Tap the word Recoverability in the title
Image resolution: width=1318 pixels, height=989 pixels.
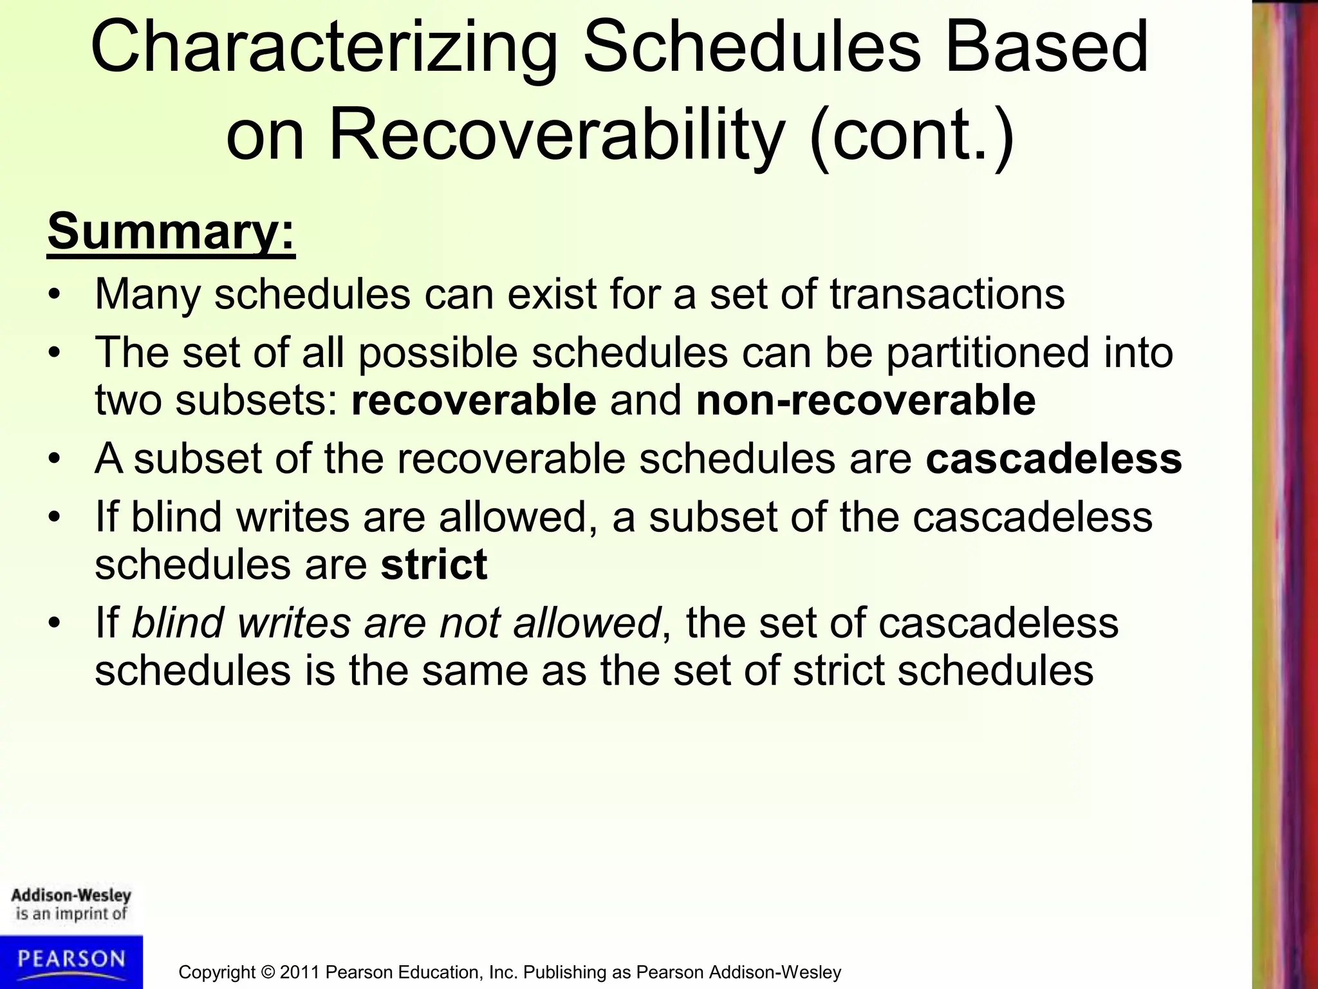tap(557, 135)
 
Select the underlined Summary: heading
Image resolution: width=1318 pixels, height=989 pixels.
tap(171, 232)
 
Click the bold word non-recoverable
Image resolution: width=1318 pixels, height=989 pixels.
tap(866, 400)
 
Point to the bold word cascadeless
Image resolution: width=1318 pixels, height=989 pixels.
tap(1053, 458)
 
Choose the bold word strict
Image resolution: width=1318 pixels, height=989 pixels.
tap(434, 565)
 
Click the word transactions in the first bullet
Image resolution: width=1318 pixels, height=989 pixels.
tap(947, 294)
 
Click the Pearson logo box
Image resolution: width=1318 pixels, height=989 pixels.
tap(71, 962)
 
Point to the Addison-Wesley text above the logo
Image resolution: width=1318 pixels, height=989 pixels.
tap(71, 896)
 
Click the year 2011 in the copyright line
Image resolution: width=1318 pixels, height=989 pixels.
tap(300, 972)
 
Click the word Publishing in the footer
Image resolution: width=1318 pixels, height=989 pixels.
tap(566, 972)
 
